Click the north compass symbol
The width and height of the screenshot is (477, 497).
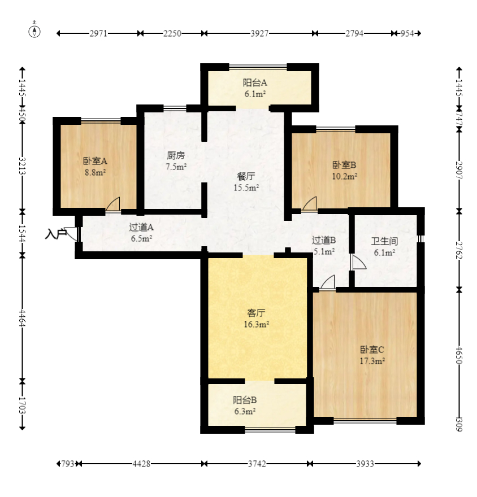[x=34, y=31]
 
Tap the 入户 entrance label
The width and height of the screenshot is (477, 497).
[x=56, y=234]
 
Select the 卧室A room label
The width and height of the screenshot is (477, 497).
[x=95, y=161]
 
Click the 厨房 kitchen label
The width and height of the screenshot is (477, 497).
[x=176, y=155]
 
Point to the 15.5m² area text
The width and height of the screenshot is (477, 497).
[x=246, y=188]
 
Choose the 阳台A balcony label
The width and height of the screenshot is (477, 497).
[x=255, y=82]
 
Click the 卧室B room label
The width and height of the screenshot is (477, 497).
[x=344, y=165]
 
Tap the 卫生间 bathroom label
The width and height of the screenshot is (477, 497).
[x=384, y=241]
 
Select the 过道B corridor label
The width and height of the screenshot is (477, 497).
[x=323, y=240]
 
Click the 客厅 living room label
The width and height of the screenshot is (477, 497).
[x=256, y=313]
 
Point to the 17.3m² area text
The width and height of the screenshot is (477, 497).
[x=372, y=361]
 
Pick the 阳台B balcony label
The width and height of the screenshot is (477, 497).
[x=245, y=400]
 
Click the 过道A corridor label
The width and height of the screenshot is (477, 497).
[x=141, y=227]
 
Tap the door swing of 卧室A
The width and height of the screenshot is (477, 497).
[x=113, y=203]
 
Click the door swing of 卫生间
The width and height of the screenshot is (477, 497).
[x=359, y=262]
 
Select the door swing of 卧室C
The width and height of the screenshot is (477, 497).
[x=327, y=282]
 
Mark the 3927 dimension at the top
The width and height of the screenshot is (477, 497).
[x=259, y=33]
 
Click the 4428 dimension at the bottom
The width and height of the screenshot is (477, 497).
[x=141, y=464]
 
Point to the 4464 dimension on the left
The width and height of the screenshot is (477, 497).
[x=22, y=317]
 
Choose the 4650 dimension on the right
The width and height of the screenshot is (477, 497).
[x=459, y=355]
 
